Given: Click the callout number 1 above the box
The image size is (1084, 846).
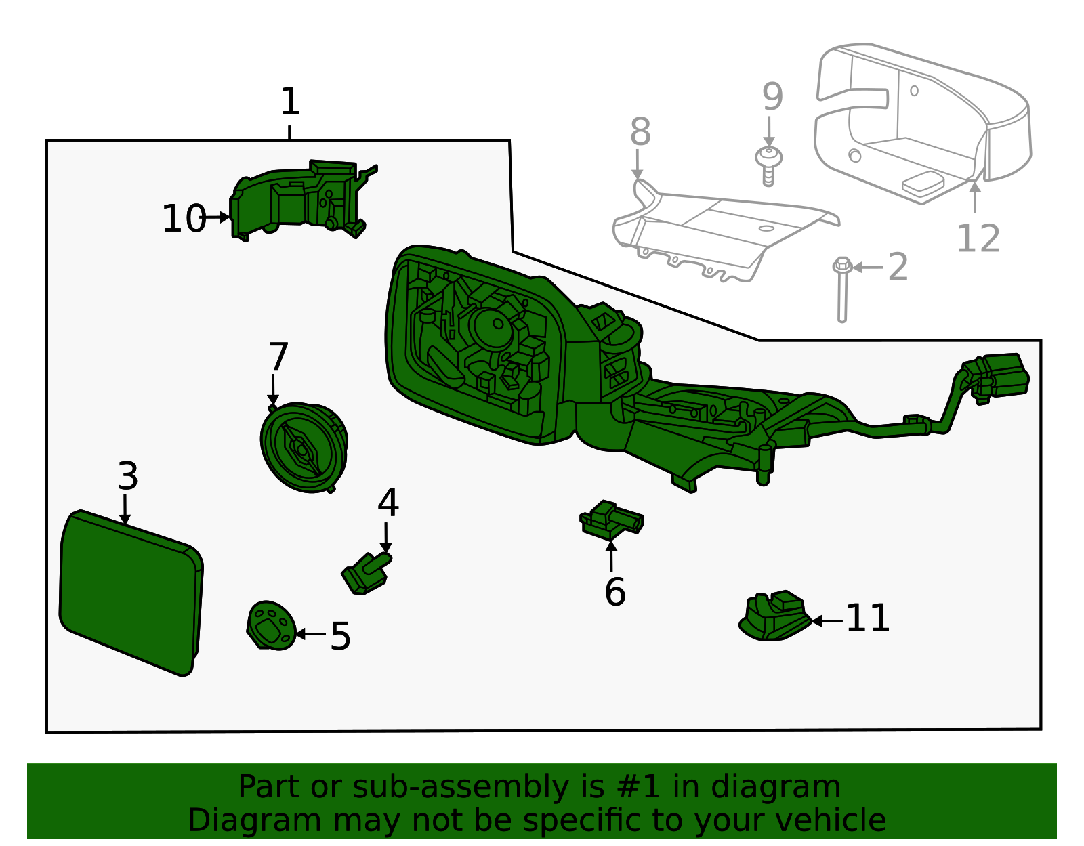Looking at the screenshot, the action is pyautogui.click(x=290, y=102).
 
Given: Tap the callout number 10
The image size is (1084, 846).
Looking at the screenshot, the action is pyautogui.click(x=184, y=219).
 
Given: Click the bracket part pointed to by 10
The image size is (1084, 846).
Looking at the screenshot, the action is pyautogui.click(x=298, y=200).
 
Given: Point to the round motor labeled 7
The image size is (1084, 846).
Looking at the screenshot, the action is pyautogui.click(x=304, y=447).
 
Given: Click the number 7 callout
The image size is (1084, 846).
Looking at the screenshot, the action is pyautogui.click(x=278, y=357).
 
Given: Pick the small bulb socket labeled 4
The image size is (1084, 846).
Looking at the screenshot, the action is pyautogui.click(x=367, y=573).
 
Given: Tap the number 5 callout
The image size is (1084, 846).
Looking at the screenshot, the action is pyautogui.click(x=340, y=637).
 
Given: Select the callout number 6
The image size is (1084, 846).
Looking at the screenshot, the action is pyautogui.click(x=614, y=592).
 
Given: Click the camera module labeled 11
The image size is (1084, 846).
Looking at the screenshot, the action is pyautogui.click(x=774, y=616).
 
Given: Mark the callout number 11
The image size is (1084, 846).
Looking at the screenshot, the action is pyautogui.click(x=868, y=618).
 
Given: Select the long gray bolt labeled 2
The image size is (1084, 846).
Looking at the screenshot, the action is pyautogui.click(x=842, y=291).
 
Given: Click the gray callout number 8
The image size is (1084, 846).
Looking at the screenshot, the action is pyautogui.click(x=640, y=132).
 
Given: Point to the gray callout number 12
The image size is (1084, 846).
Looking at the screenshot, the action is pyautogui.click(x=978, y=238).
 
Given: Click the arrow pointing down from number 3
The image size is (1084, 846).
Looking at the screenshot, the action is pyautogui.click(x=125, y=509).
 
